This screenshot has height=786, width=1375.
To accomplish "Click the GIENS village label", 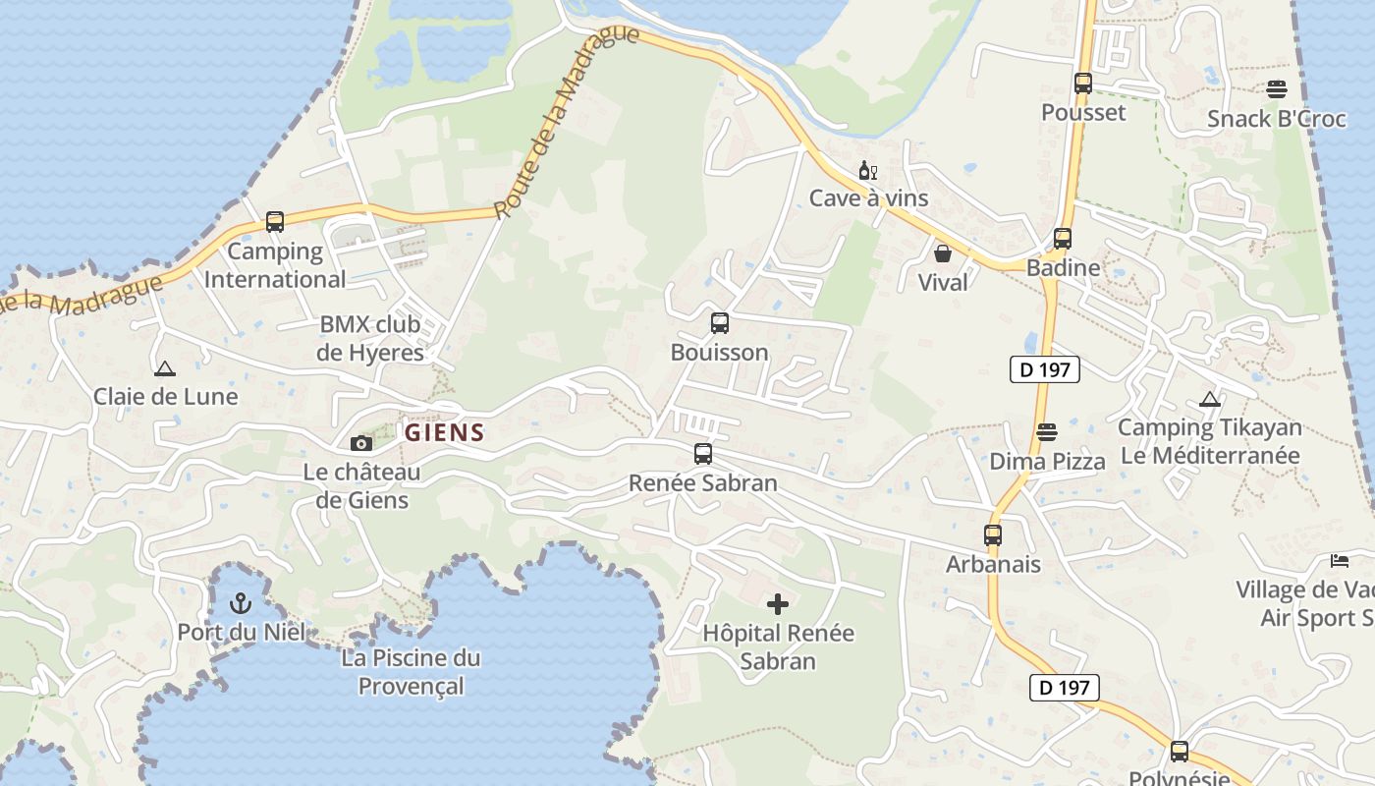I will click(x=445, y=432).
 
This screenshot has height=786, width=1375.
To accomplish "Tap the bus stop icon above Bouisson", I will click(x=720, y=323).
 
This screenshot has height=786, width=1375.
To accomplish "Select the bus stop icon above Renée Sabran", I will click(x=703, y=454).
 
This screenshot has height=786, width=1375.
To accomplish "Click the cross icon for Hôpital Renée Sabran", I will click(x=778, y=603).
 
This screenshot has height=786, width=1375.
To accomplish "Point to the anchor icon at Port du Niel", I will click(x=241, y=602).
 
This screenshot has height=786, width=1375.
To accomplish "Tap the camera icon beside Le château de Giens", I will click(x=361, y=443).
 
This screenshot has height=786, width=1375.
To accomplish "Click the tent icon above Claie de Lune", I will click(x=165, y=369).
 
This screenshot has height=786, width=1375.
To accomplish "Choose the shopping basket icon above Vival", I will click(x=943, y=253).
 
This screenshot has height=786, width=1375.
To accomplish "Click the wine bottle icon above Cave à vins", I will click(x=867, y=171).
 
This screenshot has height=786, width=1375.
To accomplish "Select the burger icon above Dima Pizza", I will click(x=1047, y=432).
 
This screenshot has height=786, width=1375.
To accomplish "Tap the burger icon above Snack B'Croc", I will click(x=1277, y=89).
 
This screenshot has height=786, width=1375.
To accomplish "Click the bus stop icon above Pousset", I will click(x=1083, y=84).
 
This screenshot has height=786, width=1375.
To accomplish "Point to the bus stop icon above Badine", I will click(x=1063, y=239).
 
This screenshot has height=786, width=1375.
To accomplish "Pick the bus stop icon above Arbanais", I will click(x=993, y=535).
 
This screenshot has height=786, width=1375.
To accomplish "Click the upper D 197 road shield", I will click(x=1045, y=369).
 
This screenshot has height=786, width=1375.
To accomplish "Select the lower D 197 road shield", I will click(x=1065, y=688).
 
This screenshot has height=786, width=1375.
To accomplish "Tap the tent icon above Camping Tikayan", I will click(x=1210, y=400).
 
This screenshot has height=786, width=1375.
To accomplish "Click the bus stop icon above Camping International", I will click(x=275, y=222).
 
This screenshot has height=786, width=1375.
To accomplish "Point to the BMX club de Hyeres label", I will click(x=370, y=338).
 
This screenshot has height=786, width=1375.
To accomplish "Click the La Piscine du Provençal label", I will click(x=411, y=671).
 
